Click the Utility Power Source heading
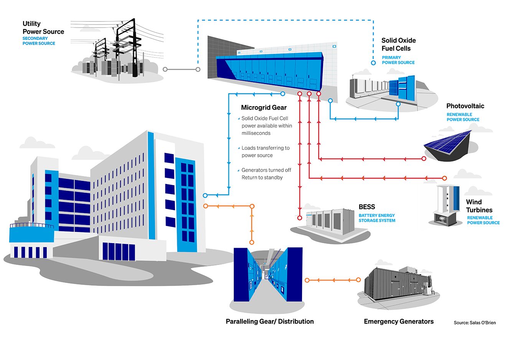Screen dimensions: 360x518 point(43,28)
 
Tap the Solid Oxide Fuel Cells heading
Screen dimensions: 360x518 point(398,44)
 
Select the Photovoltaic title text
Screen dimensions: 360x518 point(465,106)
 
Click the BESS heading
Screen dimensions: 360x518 point(367,207)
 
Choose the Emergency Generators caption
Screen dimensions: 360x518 point(399,322)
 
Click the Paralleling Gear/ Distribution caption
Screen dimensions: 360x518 point(270,322)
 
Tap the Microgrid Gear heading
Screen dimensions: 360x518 point(264,108)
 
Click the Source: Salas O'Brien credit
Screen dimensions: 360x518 point(475,323)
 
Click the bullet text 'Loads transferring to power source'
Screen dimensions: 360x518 point(265,152)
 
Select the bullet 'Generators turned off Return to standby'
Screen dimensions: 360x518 point(266,174)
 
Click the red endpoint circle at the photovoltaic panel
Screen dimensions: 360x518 point(424,159)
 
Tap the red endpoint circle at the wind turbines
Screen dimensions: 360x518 point(444,178)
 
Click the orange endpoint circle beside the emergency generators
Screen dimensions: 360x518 point(358,280)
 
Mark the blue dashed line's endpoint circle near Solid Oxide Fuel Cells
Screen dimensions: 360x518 point(373,63)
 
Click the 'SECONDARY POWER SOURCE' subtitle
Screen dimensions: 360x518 point(39,41)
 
